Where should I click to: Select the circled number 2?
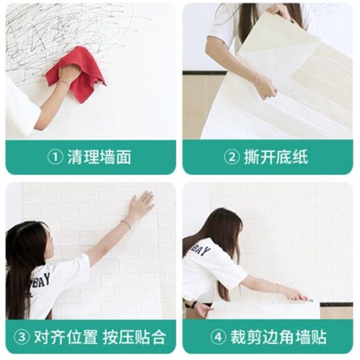coord(232,157)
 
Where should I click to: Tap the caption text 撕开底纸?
coord(276,157)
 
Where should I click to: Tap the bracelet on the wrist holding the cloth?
coord(64,83)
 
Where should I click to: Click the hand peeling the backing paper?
coord(265,85)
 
